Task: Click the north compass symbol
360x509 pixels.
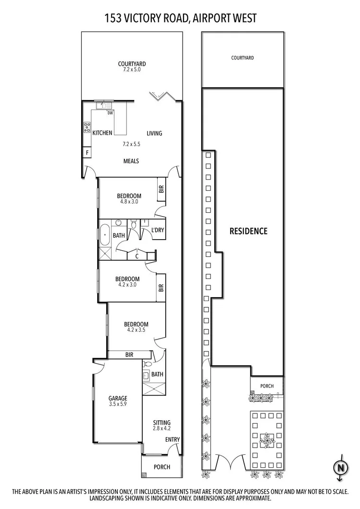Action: tap(340, 466)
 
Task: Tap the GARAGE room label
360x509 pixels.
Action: tap(118, 398)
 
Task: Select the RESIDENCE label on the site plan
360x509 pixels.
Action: tap(248, 231)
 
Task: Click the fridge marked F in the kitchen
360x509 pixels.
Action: tap(87, 153)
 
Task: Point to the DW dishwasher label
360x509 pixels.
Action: tap(110, 113)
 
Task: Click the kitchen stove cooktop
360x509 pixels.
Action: tap(87, 127)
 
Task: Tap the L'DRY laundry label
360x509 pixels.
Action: tap(158, 230)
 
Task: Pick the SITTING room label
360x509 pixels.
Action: tap(162, 423)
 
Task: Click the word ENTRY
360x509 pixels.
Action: tap(172, 440)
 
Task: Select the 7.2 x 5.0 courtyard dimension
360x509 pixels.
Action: tap(132, 70)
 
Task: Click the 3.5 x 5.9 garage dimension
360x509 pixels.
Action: tap(118, 404)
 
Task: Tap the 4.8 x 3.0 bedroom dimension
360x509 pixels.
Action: tap(129, 202)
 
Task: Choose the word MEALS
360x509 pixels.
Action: tap(131, 161)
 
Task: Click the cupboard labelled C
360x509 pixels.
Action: tap(137, 256)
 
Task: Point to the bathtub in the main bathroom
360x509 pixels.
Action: tap(104, 235)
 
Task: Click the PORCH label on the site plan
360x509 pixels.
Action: tap(267, 386)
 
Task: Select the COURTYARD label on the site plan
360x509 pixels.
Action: tap(242, 58)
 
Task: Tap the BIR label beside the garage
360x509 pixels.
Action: tap(129, 355)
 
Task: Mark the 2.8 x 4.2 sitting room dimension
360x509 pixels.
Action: tap(162, 429)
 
